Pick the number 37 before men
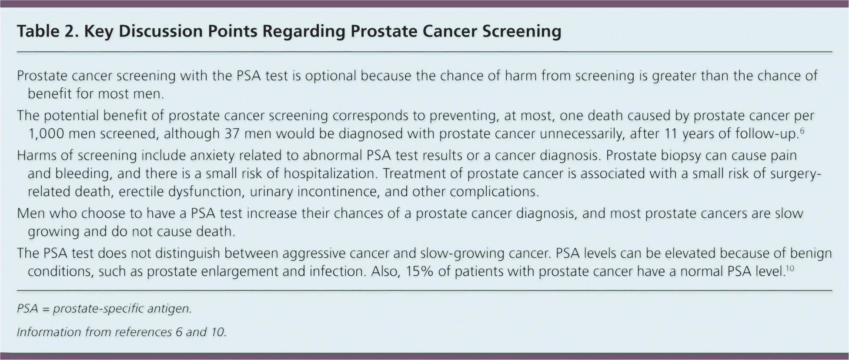click(232, 133)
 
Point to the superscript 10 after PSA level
click(790, 267)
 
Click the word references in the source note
click(144, 333)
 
